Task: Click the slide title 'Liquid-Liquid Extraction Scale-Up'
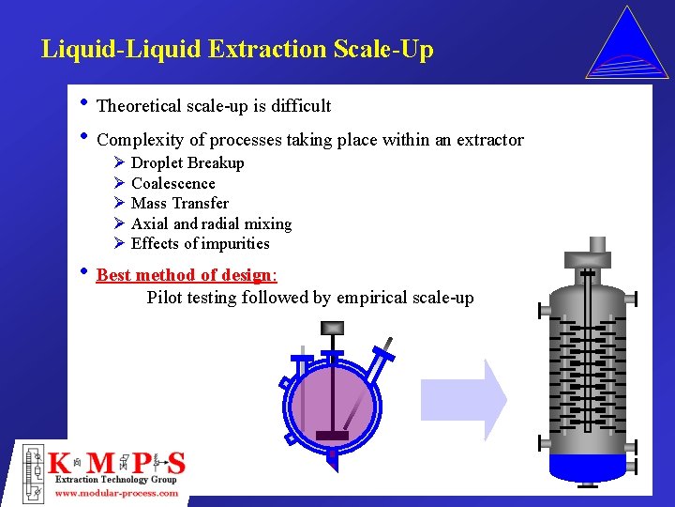coord(237,49)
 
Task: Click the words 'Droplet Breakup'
coord(187,163)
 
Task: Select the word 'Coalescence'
coord(173,184)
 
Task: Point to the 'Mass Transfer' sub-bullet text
coord(180,204)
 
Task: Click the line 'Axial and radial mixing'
coord(211,224)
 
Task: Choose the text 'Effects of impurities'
coord(200,244)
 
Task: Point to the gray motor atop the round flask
coord(333,328)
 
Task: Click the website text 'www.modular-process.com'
coord(116,492)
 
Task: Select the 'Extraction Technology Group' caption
coord(115,480)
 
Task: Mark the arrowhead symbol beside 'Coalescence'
coord(119,183)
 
